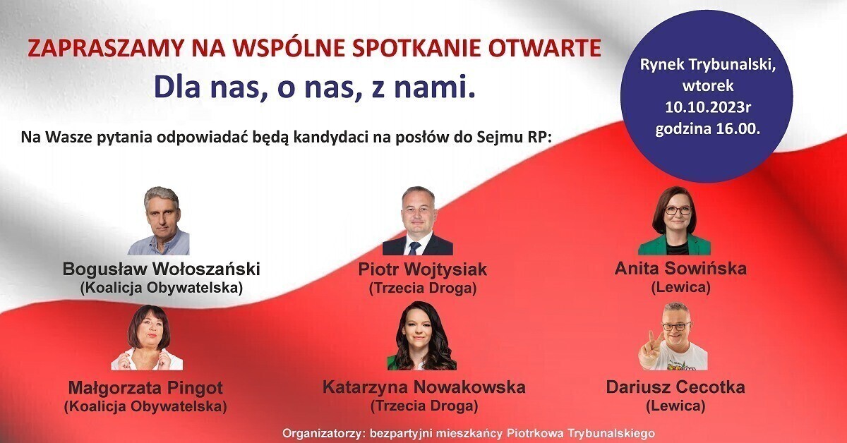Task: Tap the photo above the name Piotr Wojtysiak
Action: pos(417,221)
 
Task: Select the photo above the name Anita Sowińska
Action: pos(674,221)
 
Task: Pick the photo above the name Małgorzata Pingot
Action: pos(147,338)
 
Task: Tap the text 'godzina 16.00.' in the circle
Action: pos(707,129)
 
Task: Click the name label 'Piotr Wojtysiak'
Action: pos(422,270)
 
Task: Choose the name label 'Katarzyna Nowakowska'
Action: pos(423,387)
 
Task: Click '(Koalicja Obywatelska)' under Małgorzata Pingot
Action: pos(145,406)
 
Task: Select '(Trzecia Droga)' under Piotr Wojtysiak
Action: pos(423,289)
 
